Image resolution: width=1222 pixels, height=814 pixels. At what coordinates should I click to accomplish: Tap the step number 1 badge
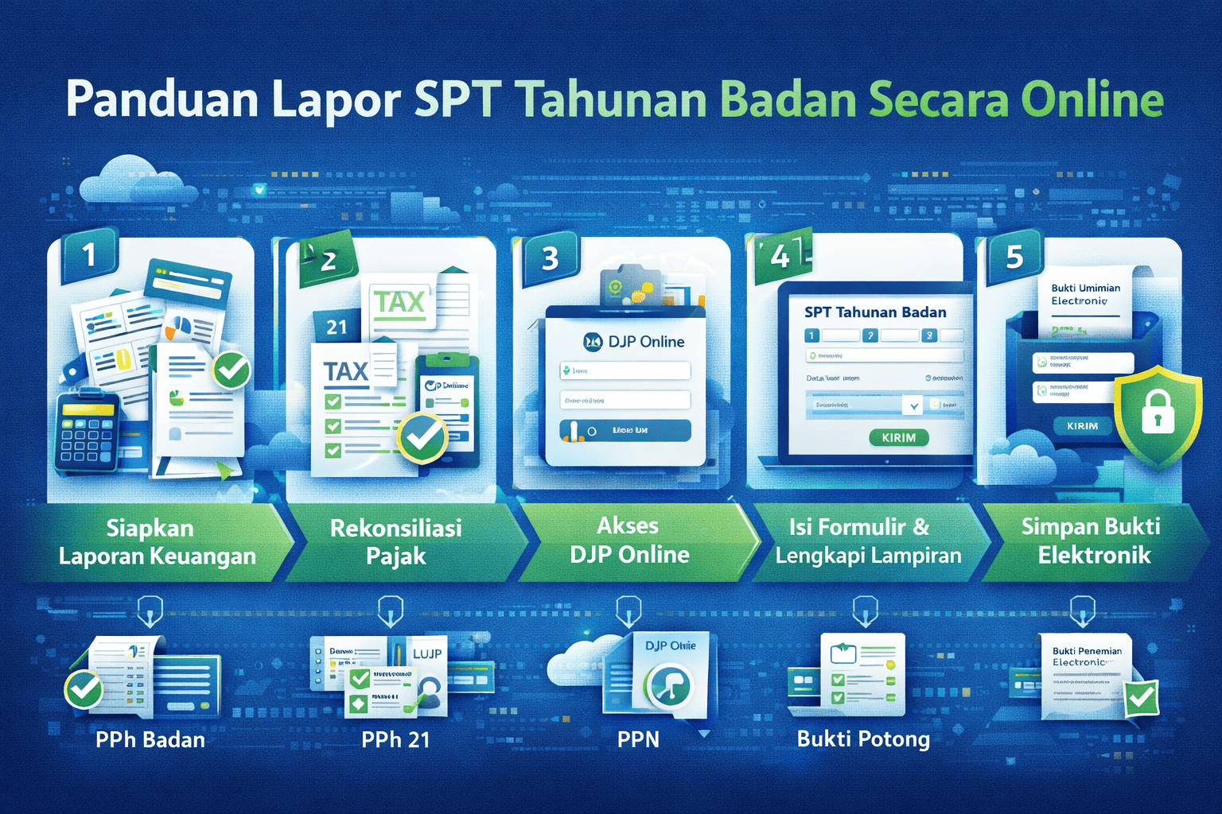click(x=88, y=255)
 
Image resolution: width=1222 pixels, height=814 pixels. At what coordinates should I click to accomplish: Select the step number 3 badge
click(x=550, y=258)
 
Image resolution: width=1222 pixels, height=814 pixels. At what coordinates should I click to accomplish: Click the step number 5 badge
click(x=1014, y=257)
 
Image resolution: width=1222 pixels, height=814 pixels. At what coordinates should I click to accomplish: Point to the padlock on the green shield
click(x=1158, y=412)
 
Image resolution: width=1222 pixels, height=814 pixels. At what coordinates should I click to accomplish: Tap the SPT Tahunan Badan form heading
click(x=875, y=312)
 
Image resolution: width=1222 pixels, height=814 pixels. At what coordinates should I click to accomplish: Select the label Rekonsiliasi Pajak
click(x=396, y=541)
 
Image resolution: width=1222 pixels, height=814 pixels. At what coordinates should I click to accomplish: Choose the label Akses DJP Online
click(x=629, y=540)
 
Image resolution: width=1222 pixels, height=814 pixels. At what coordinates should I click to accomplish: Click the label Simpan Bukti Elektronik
click(x=1092, y=541)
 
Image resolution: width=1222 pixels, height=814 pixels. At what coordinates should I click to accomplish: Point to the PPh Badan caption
click(x=150, y=740)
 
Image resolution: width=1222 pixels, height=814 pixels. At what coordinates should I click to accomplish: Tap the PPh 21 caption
click(x=395, y=740)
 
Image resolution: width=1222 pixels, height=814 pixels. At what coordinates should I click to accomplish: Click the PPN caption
click(x=638, y=740)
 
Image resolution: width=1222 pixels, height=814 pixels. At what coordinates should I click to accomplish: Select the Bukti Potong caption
click(x=863, y=739)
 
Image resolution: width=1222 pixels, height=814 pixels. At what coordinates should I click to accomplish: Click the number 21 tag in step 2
click(x=337, y=327)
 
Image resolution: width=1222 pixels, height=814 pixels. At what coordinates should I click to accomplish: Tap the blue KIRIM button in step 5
click(x=1082, y=426)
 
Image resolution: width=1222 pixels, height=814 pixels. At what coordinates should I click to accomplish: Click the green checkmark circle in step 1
click(x=232, y=370)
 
